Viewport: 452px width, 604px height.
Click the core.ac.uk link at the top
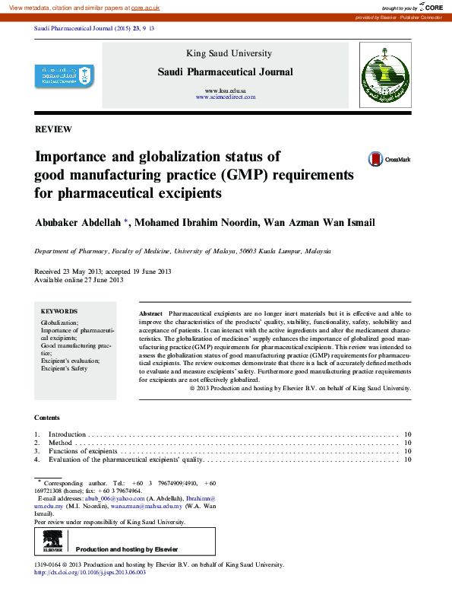coord(145,7)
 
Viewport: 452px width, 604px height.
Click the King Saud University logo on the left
coord(65,76)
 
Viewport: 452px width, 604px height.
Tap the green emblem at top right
coord(384,75)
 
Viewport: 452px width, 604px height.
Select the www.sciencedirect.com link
coord(226,97)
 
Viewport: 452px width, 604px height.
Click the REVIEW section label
coord(53,129)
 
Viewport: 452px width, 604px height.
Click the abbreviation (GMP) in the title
coord(242,175)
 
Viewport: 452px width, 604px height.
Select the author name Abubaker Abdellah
coord(83,222)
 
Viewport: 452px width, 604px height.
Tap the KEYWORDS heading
coord(58,311)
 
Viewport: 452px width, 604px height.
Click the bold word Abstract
coord(150,313)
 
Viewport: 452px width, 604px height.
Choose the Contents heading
coord(48,417)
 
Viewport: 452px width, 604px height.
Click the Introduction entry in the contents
coord(67,434)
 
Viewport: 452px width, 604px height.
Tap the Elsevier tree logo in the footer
coord(52,541)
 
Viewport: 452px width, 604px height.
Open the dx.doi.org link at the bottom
coord(90,572)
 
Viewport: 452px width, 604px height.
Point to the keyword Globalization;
coord(59,323)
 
